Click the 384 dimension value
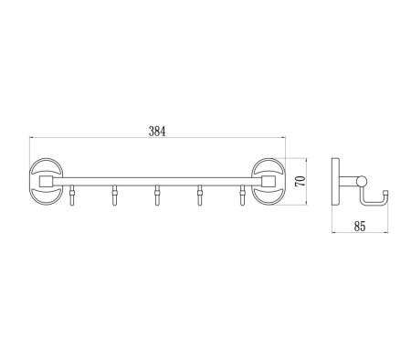pos(157,132)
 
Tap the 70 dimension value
pos(300,181)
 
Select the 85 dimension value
pos(360,227)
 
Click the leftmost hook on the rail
pos(72,196)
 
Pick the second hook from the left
pos(114,196)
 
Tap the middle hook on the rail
pos(157,196)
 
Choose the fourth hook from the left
pos(200,196)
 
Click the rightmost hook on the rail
pos(242,196)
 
